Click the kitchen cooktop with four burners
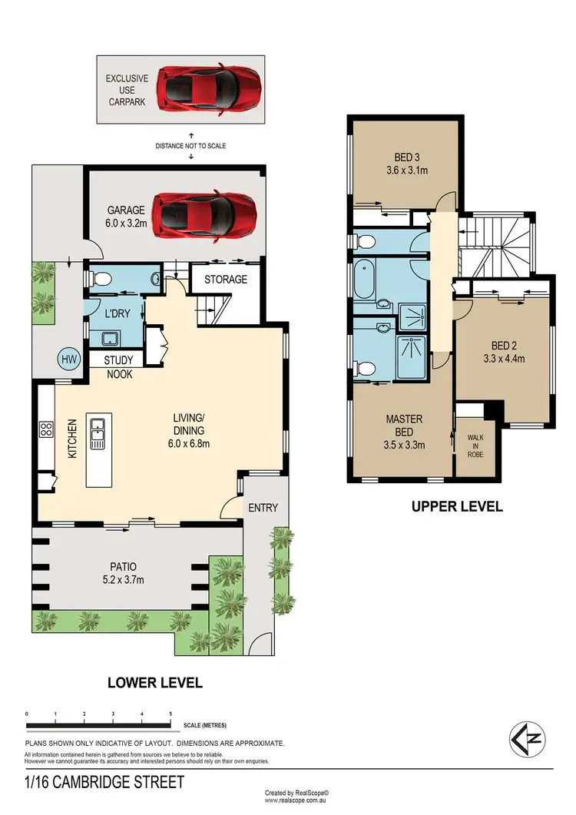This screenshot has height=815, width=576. tap(45, 429)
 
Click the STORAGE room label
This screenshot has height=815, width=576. tap(225, 279)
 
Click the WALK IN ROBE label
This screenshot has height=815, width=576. tap(476, 446)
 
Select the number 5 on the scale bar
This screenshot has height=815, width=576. tap(170, 714)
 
